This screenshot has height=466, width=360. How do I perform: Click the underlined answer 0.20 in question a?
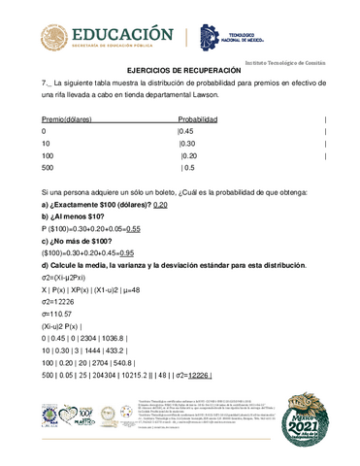click(x=161, y=205)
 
